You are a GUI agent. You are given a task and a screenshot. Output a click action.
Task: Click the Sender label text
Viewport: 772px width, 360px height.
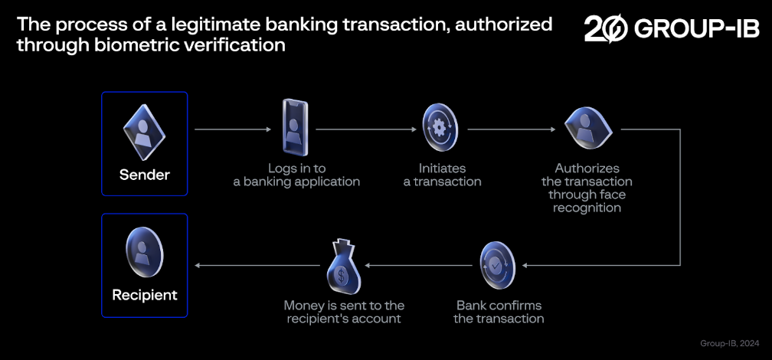[145, 175]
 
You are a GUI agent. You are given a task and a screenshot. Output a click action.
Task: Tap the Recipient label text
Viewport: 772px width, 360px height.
[145, 295]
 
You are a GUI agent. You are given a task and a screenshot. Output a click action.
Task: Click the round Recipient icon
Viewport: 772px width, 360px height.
[144, 253]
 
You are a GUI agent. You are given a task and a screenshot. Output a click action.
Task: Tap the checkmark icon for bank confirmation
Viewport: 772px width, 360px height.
[499, 265]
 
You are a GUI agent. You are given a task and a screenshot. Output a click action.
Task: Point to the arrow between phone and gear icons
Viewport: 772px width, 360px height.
[365, 129]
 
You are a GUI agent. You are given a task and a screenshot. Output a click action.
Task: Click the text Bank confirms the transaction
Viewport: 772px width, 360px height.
[499, 312]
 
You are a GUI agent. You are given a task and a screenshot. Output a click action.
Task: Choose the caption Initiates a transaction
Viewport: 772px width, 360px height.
[442, 175]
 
